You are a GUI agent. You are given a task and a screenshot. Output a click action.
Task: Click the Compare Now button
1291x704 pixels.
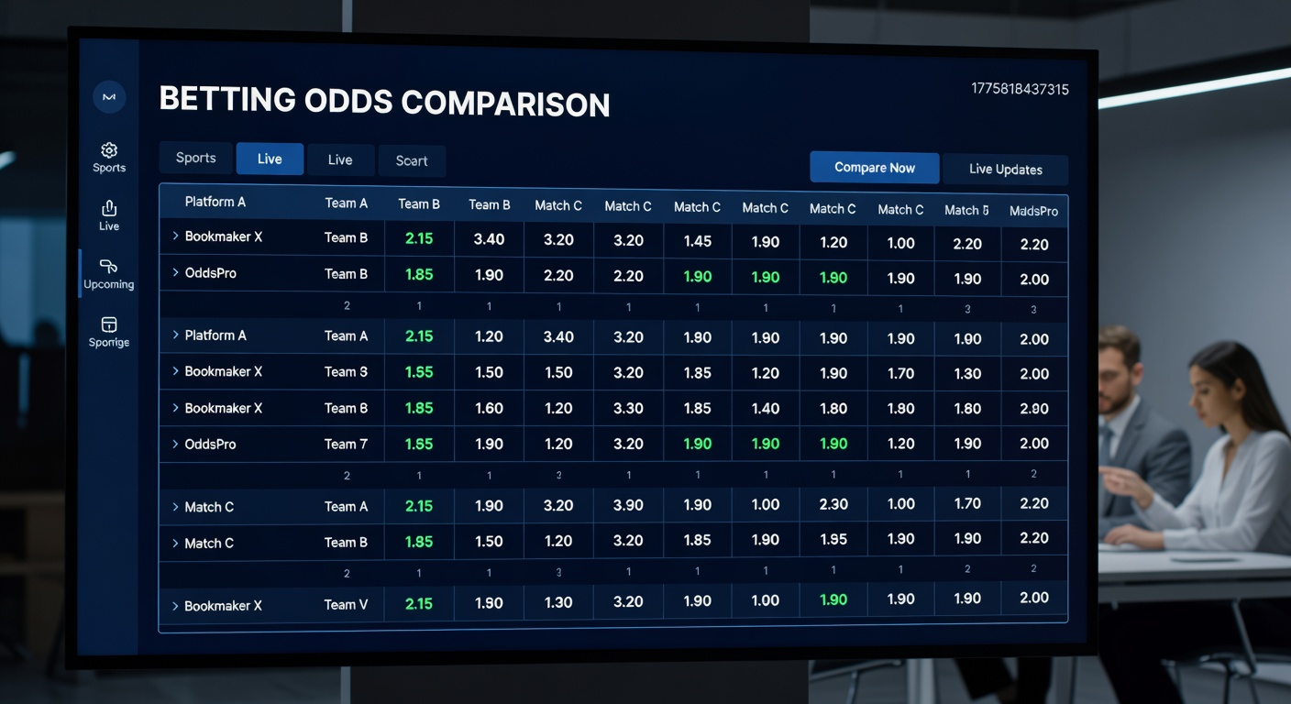coord(874,168)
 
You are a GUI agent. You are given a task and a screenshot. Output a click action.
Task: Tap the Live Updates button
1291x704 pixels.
coord(1005,170)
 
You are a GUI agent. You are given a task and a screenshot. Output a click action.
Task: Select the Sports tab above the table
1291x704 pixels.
coord(195,158)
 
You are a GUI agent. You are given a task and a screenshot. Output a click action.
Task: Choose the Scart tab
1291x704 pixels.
coord(412,160)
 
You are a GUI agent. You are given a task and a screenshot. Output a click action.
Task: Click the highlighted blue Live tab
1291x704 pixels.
coord(270,159)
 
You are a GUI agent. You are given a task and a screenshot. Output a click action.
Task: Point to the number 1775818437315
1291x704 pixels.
coord(1020,89)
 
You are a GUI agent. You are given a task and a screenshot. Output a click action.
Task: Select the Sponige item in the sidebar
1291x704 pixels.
coord(109,331)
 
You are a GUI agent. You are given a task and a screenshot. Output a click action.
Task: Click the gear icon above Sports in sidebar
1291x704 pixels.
coord(109,150)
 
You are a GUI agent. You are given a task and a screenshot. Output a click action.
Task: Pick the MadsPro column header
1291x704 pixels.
coord(1033,211)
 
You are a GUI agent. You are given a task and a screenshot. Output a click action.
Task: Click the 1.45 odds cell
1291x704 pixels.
coord(697,242)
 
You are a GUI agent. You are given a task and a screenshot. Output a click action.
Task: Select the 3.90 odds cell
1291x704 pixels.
coord(628,505)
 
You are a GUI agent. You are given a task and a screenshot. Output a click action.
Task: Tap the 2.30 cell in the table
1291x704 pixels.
coord(833,504)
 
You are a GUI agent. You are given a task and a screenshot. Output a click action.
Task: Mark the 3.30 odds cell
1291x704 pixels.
coord(628,409)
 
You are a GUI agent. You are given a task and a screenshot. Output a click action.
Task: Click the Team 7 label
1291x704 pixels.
coord(346,445)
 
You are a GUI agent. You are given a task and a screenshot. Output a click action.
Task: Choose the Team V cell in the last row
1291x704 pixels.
coord(346,605)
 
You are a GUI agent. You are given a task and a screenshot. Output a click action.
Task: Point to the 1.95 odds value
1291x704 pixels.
coord(833,540)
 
